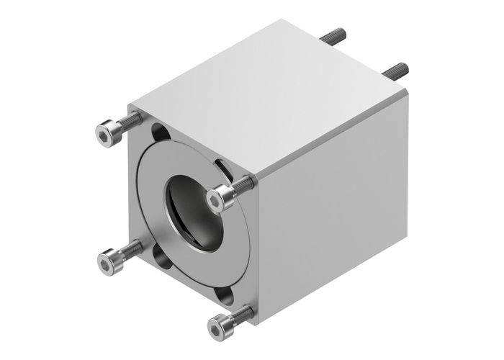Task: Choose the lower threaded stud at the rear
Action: [396, 70]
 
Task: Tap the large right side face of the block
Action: [331, 216]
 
